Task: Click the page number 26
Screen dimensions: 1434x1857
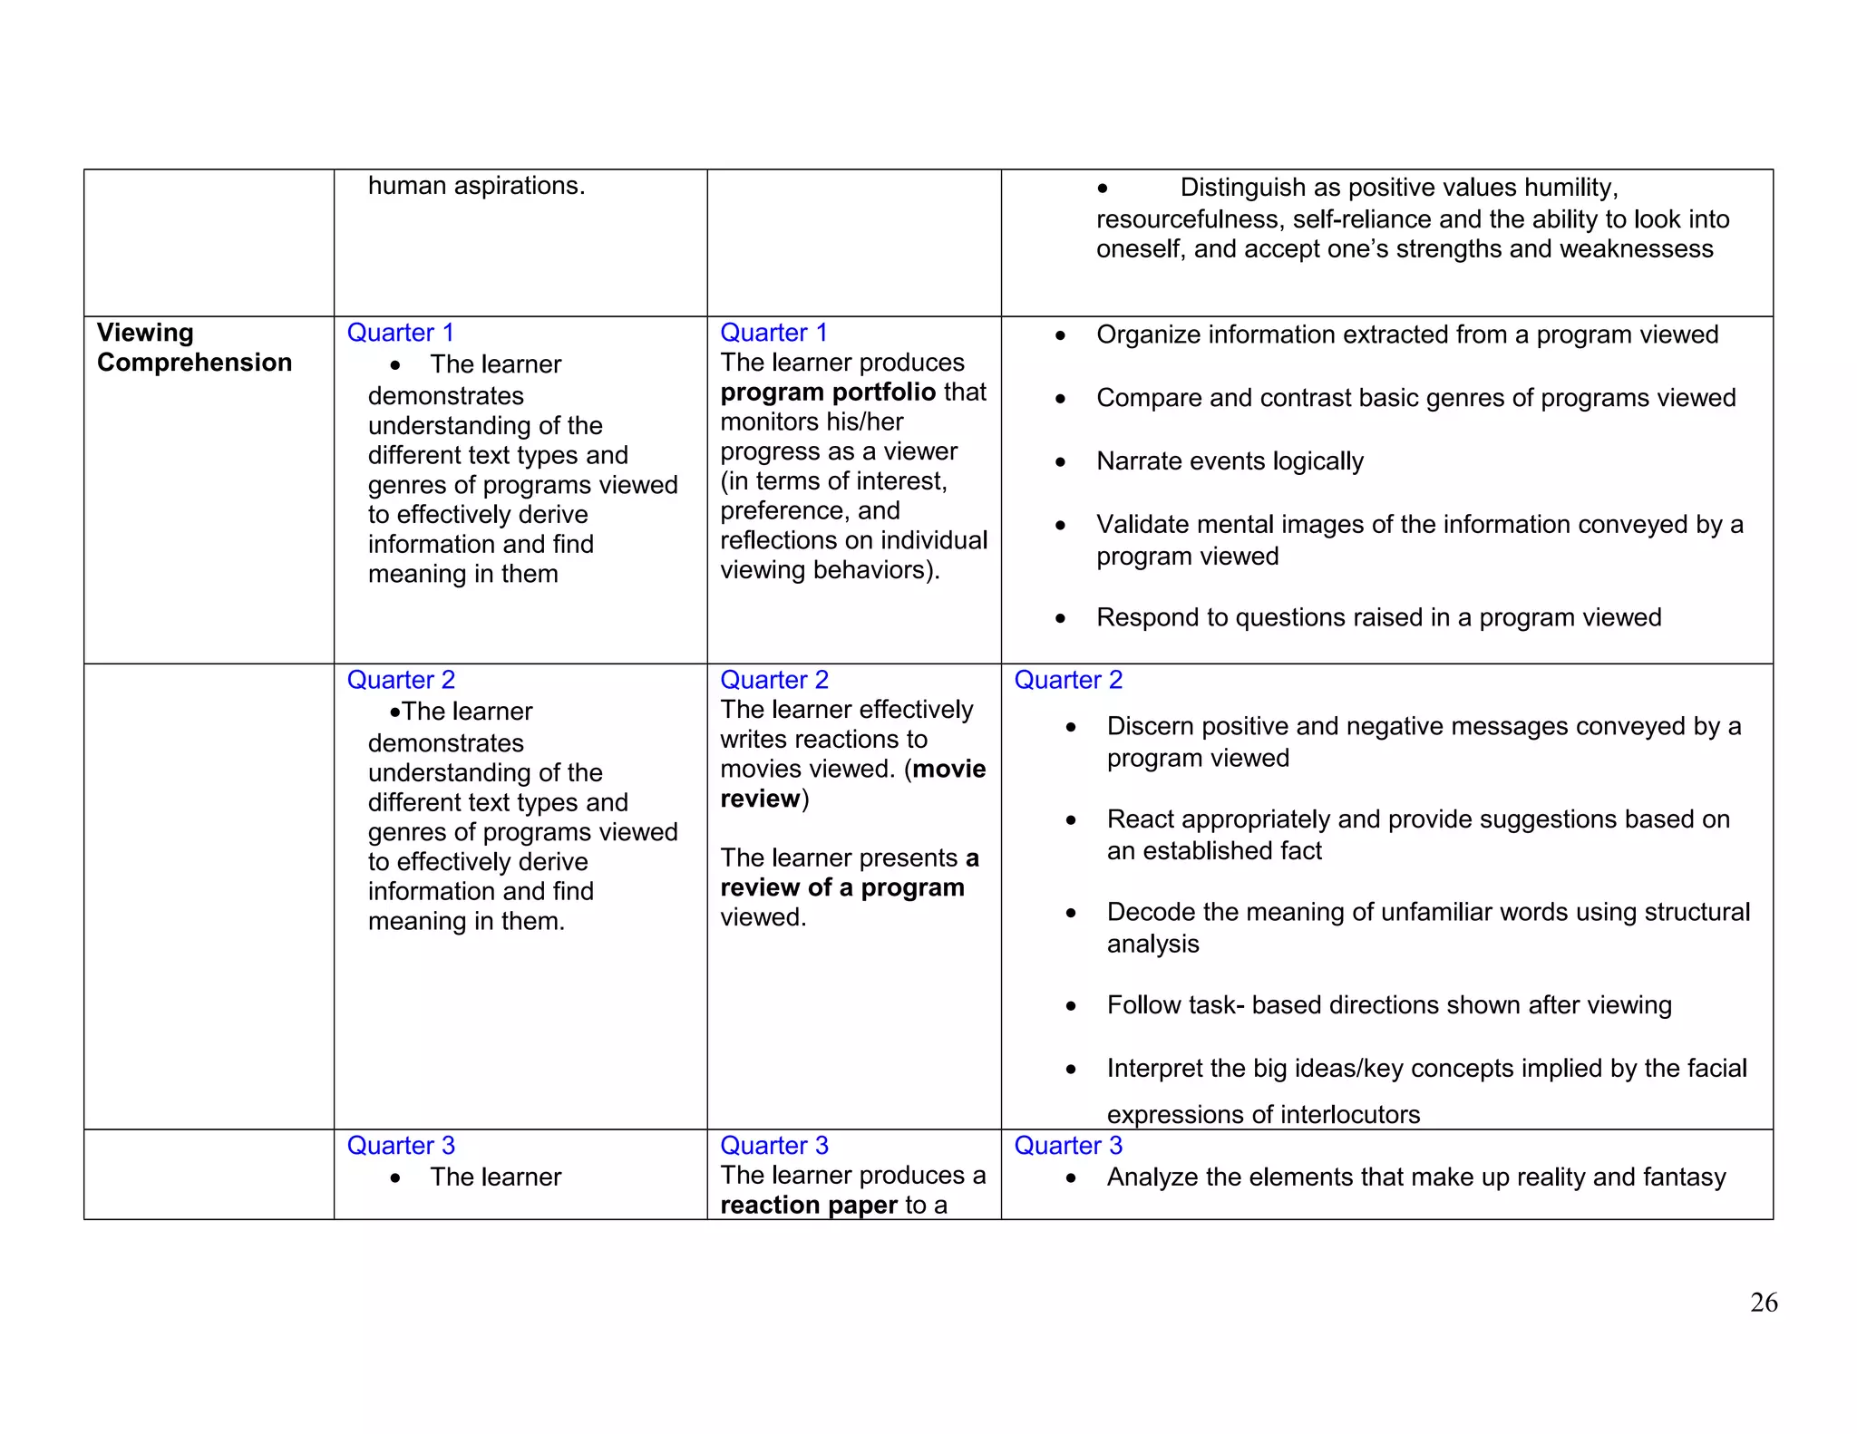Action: [x=1763, y=1303]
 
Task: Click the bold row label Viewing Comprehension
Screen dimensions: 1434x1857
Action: [x=193, y=348]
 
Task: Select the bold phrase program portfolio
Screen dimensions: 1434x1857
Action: [x=827, y=392]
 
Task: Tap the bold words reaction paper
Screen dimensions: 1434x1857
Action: [x=809, y=1205]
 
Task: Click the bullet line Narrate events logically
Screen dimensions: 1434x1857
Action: [x=1229, y=461]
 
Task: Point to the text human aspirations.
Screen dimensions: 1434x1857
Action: [x=476, y=186]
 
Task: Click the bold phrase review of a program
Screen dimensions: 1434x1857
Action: [x=841, y=887]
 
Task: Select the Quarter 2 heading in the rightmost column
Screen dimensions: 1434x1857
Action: [x=1067, y=680]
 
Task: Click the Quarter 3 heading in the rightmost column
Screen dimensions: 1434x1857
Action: [x=1067, y=1146]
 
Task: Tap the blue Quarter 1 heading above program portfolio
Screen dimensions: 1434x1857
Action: [x=773, y=333]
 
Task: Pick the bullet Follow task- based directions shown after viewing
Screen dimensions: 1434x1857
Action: [x=1388, y=1005]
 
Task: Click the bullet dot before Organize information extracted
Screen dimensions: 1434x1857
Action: [x=1060, y=336]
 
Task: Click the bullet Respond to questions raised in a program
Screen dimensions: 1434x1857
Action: [x=1377, y=617]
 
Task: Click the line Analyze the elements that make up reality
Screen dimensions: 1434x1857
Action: [x=1415, y=1177]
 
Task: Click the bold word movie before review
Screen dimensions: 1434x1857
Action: [x=949, y=769]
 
